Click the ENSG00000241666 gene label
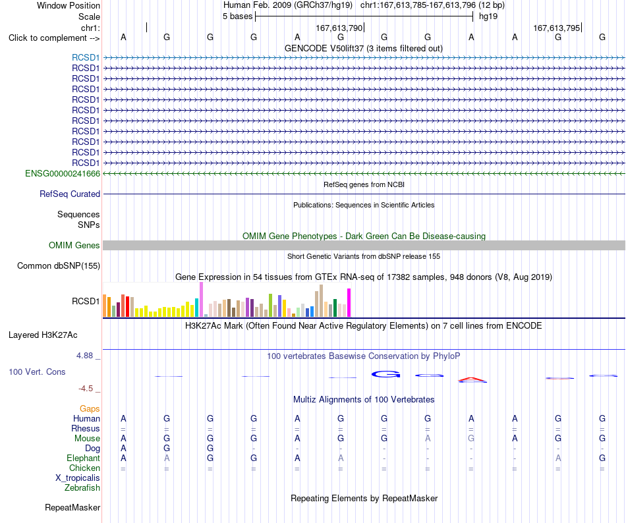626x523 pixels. coord(63,173)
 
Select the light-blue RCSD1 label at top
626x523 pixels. coord(86,58)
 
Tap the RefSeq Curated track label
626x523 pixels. coord(70,194)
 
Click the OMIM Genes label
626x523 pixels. coord(74,245)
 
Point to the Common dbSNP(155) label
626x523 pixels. coord(59,265)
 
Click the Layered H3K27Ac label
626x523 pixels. coord(43,335)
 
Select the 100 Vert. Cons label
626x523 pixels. coord(37,372)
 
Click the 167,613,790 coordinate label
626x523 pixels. coord(339,28)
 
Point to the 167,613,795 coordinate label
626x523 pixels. coord(557,28)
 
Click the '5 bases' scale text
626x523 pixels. coord(237,16)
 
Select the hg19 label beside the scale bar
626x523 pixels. coord(488,16)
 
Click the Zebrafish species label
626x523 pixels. coord(82,488)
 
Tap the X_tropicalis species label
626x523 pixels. coord(78,478)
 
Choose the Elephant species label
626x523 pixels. coord(84,458)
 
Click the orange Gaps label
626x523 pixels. coord(90,408)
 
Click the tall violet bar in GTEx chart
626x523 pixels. coord(201,300)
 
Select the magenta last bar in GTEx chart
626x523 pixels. coord(349,303)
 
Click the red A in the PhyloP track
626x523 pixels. coord(472,379)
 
